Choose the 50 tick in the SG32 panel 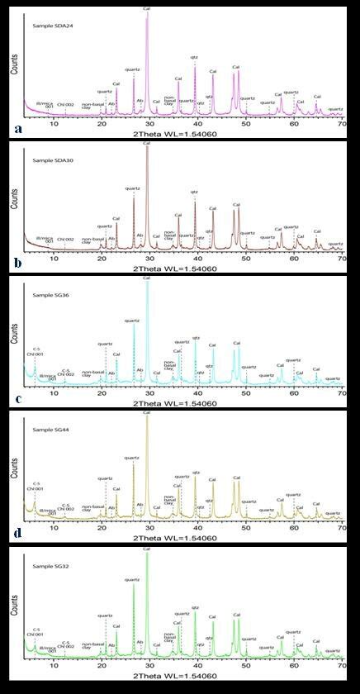pos(246,665)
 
